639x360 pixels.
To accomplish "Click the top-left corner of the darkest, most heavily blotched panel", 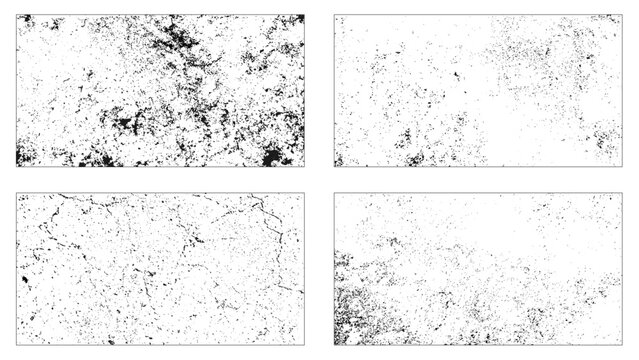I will [x=16, y=15].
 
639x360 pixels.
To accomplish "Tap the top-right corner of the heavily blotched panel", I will [x=305, y=15].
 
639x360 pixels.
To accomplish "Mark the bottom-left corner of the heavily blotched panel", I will [x=16, y=167].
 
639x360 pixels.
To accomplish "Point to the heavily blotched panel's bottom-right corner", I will [x=305, y=167].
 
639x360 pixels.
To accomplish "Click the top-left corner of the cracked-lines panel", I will [x=16, y=194].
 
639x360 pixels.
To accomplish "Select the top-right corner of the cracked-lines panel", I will [x=305, y=194].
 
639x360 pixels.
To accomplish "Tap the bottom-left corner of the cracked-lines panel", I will [x=16, y=345].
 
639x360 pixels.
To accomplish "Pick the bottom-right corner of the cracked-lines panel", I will [x=305, y=345].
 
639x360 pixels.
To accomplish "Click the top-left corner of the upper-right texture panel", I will [x=334, y=15].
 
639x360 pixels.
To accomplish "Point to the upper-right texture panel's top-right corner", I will [x=622, y=15].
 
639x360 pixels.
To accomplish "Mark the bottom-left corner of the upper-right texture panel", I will [x=334, y=167].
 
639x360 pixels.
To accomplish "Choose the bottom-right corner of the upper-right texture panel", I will [x=622, y=167].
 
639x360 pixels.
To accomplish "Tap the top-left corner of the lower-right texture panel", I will [x=334, y=194].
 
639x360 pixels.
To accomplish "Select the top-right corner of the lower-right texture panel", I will [x=622, y=194].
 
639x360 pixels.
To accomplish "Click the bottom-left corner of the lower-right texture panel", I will [x=334, y=345].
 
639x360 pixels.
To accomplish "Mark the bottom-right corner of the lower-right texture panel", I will [x=622, y=345].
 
